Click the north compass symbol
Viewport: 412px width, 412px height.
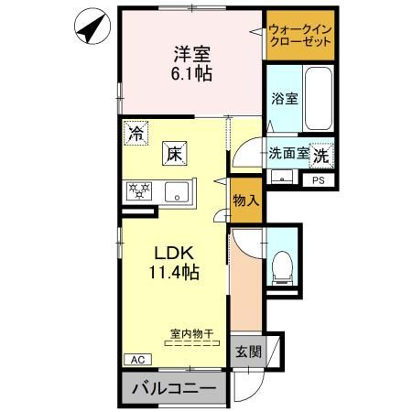point(90,28)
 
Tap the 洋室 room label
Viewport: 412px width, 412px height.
point(190,53)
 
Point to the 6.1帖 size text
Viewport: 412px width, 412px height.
point(190,73)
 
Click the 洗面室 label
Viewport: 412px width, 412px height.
point(287,154)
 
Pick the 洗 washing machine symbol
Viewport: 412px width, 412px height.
point(321,155)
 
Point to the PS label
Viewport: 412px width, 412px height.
point(319,180)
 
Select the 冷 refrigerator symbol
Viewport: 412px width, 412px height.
point(136,133)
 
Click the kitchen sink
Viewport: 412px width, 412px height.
point(176,192)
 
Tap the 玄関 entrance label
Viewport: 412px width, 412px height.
point(247,352)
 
